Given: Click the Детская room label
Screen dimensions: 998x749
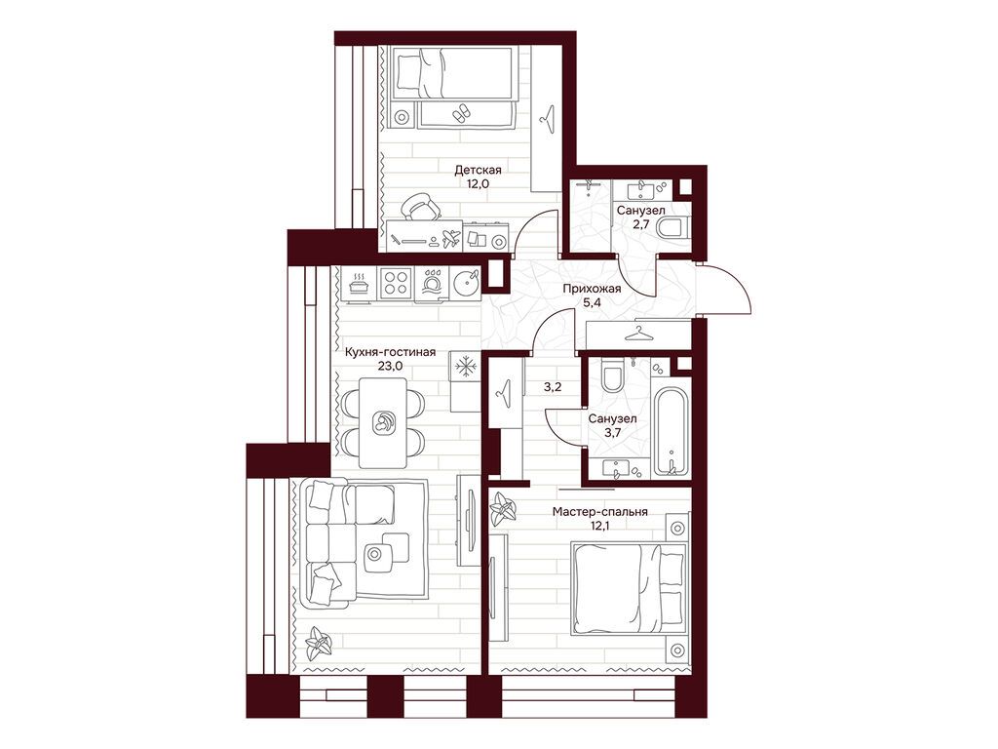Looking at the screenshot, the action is click(478, 170).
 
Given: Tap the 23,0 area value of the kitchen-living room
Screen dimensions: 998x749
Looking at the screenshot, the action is click(390, 367).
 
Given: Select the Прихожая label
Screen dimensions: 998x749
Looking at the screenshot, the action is click(592, 289).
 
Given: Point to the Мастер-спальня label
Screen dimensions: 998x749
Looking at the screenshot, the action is click(600, 511).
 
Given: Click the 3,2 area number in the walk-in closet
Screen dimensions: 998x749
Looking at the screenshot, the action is click(552, 386).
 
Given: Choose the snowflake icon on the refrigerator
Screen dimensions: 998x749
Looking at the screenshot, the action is click(466, 367).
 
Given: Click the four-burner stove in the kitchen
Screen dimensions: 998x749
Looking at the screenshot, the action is click(396, 282).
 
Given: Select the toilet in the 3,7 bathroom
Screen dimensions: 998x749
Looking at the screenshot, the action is click(614, 375).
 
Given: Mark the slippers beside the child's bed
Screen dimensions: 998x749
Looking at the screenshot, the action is click(461, 113).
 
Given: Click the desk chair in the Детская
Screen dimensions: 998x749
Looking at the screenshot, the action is click(420, 206).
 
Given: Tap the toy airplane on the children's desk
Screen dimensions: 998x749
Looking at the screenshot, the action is click(451, 240).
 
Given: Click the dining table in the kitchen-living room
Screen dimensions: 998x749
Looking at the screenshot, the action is click(383, 422).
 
